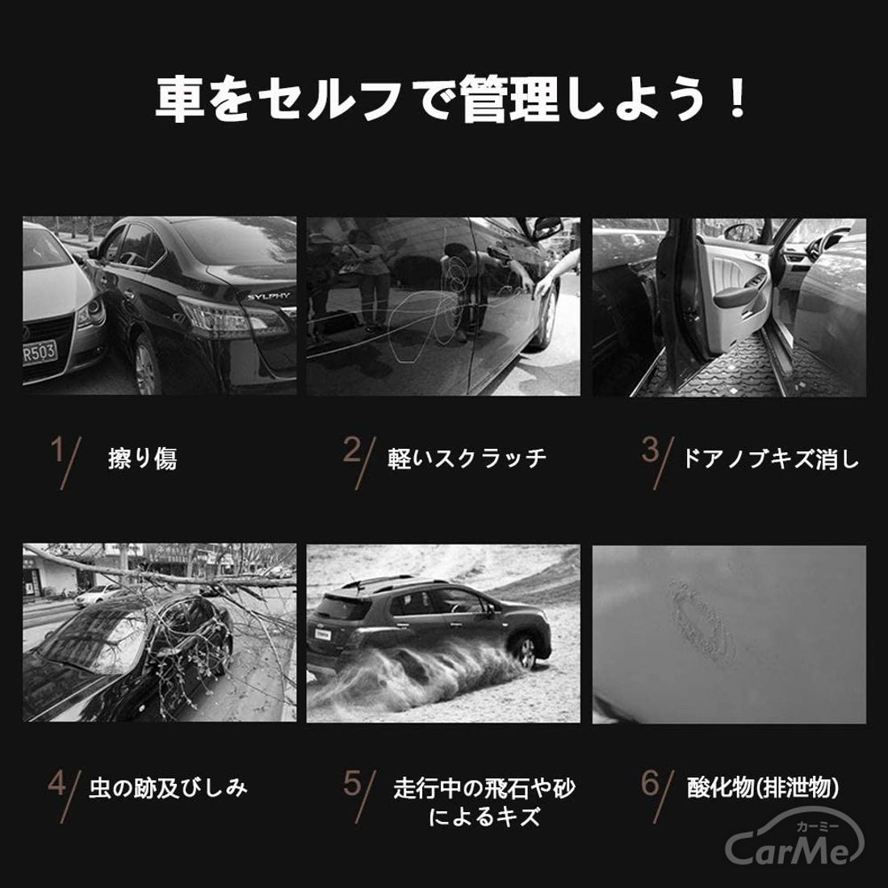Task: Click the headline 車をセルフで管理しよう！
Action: pos(451,99)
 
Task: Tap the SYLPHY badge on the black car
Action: pos(269,296)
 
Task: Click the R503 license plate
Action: pos(40,353)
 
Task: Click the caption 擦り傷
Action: pos(142,459)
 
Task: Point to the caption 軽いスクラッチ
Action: pos(467,459)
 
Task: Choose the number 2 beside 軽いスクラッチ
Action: pos(352,450)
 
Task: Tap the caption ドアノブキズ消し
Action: pos(771,459)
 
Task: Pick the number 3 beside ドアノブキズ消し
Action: pos(650,450)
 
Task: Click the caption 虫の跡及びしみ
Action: pos(168,788)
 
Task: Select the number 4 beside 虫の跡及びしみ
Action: pos(57,784)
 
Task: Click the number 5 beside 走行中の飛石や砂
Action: pos(352,784)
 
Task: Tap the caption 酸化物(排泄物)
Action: pos(763,788)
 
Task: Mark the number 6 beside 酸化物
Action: pos(650,784)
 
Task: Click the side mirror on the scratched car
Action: pos(547,228)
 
